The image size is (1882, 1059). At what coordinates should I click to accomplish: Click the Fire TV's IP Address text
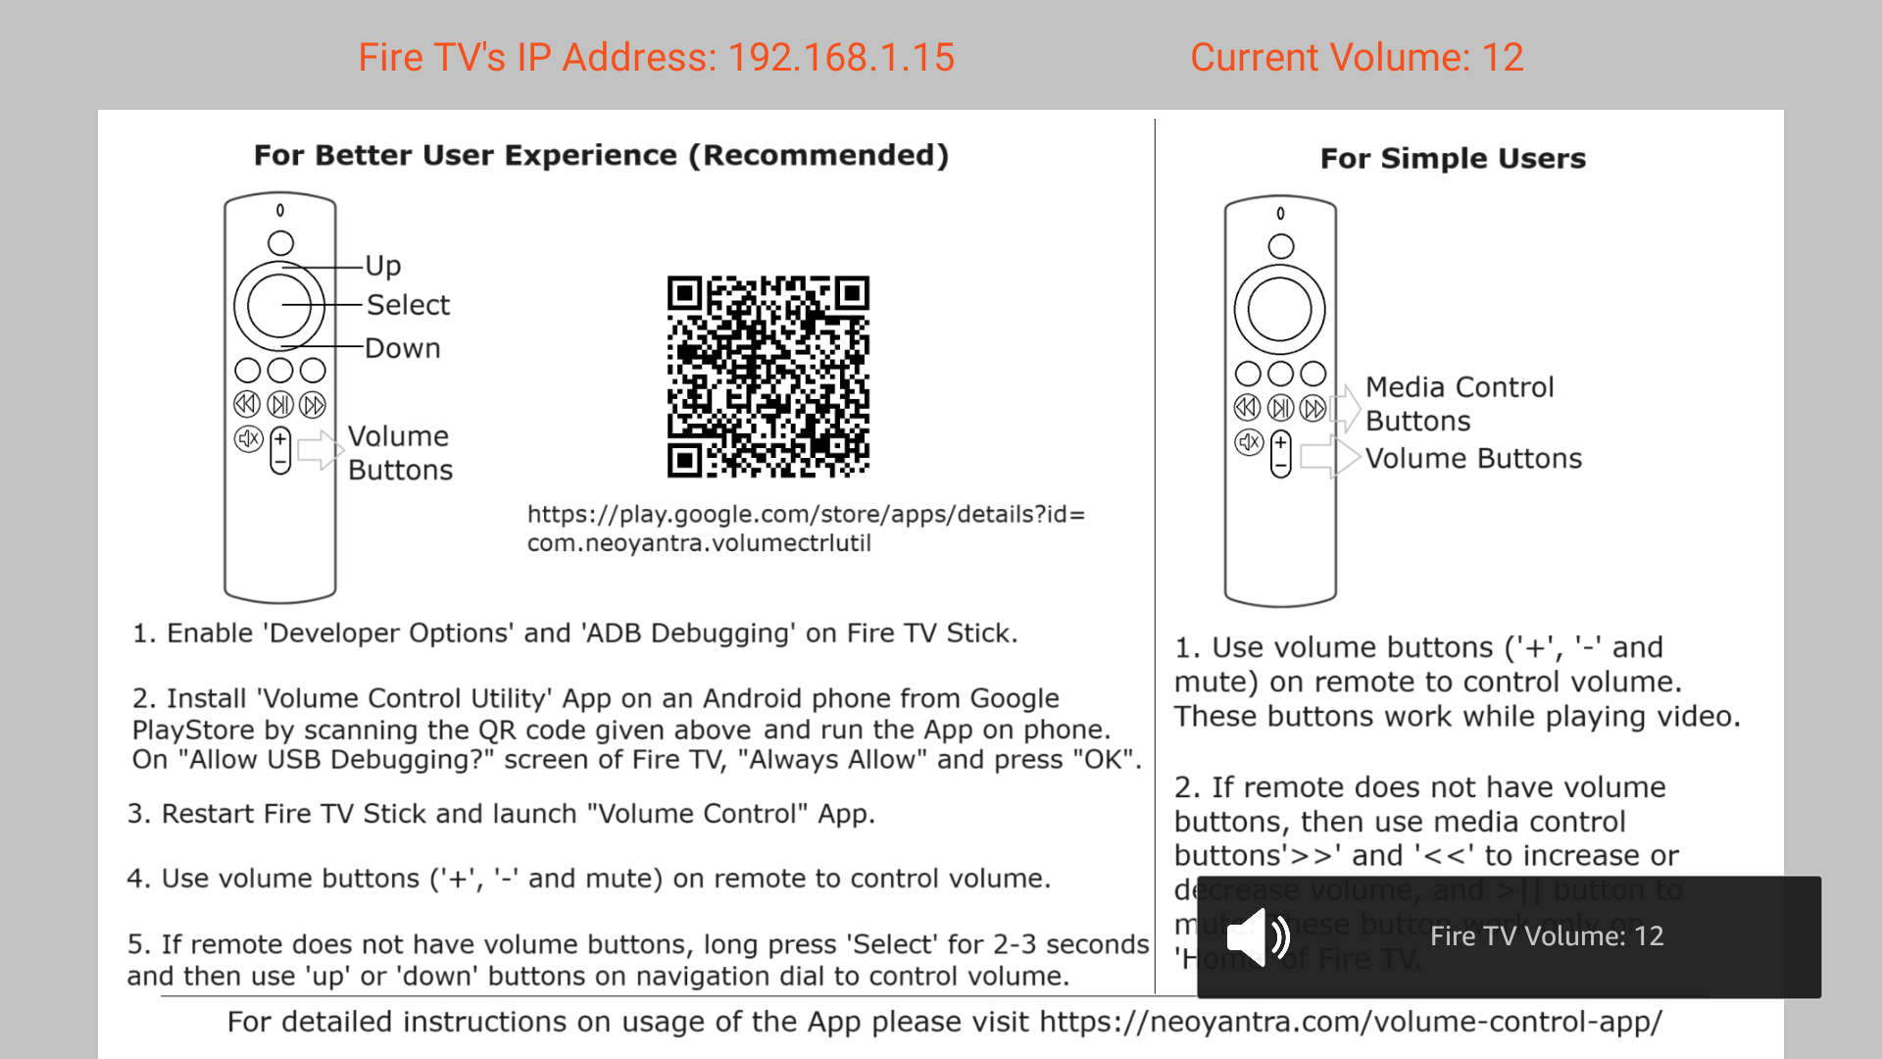pyautogui.click(x=656, y=58)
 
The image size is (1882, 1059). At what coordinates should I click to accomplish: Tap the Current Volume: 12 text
pyautogui.click(x=1357, y=58)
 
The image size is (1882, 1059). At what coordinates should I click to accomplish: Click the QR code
pyautogui.click(x=768, y=377)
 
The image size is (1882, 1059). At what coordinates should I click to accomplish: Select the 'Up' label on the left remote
pyautogui.click(x=383, y=266)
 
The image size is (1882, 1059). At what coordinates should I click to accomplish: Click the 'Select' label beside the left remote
pyautogui.click(x=408, y=305)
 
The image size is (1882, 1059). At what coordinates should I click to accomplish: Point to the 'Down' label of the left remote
pyautogui.click(x=402, y=348)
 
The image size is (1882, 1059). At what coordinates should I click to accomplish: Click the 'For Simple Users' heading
pyautogui.click(x=1453, y=159)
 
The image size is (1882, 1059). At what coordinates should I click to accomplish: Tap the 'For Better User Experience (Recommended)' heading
pyautogui.click(x=601, y=155)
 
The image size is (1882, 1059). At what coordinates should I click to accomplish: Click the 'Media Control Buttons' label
pyautogui.click(x=1459, y=404)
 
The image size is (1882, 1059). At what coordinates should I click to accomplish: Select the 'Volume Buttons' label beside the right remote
pyautogui.click(x=1473, y=459)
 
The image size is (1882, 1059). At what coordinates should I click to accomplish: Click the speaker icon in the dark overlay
pyautogui.click(x=1259, y=936)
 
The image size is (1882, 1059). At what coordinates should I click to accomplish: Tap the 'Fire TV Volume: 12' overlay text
pyautogui.click(x=1546, y=936)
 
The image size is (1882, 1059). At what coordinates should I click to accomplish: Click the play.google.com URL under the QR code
pyautogui.click(x=806, y=529)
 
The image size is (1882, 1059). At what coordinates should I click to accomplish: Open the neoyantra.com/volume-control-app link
pyautogui.click(x=1351, y=1022)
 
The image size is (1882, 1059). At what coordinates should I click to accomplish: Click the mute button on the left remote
pyautogui.click(x=248, y=439)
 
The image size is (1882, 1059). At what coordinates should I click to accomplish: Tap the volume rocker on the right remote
pyautogui.click(x=1280, y=454)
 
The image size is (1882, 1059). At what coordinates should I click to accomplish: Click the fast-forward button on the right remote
pyautogui.click(x=1313, y=408)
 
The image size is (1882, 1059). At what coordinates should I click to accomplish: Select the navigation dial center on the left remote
pyautogui.click(x=279, y=306)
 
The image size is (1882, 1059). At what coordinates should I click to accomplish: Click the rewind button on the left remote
pyautogui.click(x=247, y=404)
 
